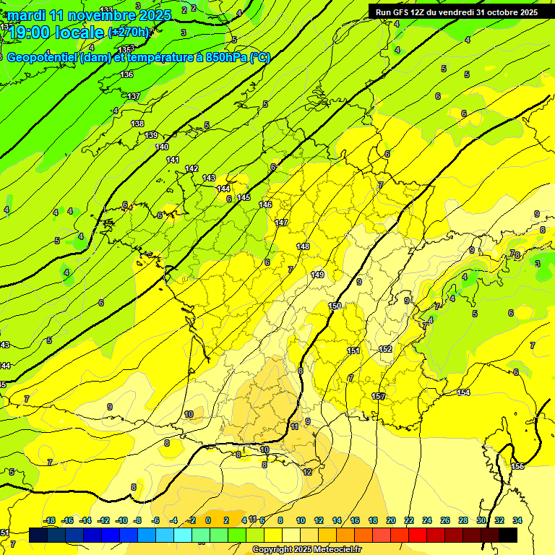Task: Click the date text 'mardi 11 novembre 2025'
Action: click(90, 15)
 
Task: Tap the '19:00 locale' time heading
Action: click(56, 32)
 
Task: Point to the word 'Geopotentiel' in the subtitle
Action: click(42, 58)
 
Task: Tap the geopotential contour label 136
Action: click(127, 75)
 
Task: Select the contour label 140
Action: click(162, 147)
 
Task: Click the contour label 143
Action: click(209, 178)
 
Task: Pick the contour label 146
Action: click(265, 205)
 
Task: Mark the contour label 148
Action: click(303, 247)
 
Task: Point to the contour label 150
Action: click(335, 306)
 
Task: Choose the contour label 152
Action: click(385, 350)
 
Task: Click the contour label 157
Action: click(378, 396)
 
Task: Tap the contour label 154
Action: click(463, 392)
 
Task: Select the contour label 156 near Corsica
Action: click(517, 466)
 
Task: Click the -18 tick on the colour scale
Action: click(49, 520)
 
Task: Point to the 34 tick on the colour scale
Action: click(517, 520)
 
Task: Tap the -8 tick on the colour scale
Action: click(137, 520)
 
